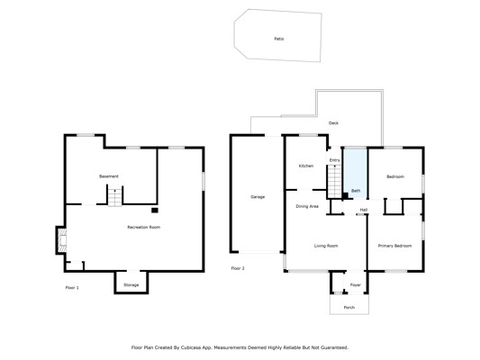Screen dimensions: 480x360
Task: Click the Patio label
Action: click(279, 39)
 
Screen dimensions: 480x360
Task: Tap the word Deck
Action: click(333, 123)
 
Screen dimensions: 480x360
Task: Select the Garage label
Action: click(258, 197)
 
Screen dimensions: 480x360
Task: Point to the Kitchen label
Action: click(306, 166)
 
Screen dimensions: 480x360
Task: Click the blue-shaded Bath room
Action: click(355, 174)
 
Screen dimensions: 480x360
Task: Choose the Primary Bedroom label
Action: click(394, 246)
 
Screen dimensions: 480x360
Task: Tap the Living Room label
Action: click(326, 246)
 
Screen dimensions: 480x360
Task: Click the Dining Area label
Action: click(307, 206)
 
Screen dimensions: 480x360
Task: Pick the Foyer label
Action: click(356, 284)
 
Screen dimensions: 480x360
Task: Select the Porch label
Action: click(349, 308)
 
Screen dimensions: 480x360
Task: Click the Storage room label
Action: click(131, 284)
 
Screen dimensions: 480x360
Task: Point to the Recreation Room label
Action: click(143, 227)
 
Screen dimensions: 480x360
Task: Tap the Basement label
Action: click(109, 176)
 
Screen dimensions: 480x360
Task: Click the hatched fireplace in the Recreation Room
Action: click(62, 240)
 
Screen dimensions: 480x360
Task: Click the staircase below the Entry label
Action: click(335, 182)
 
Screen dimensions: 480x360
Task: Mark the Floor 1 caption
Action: click(72, 287)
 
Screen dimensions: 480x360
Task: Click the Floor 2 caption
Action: click(238, 268)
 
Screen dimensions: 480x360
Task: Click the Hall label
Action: click(364, 210)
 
